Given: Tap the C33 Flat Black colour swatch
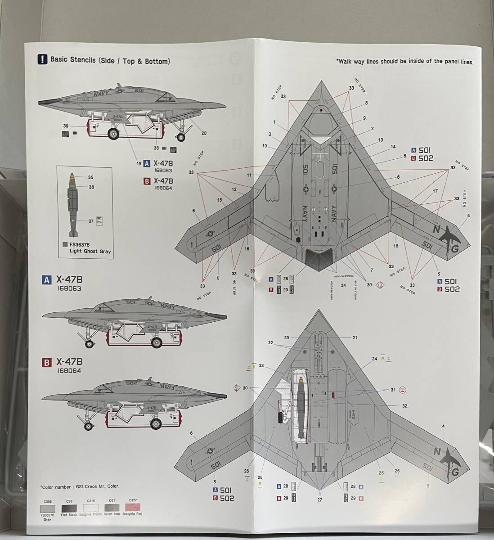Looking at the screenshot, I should click(x=69, y=507).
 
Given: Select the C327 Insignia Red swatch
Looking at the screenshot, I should click(x=133, y=507).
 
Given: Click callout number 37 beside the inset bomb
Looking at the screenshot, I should click(x=91, y=220).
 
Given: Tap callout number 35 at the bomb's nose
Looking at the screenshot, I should click(x=90, y=177).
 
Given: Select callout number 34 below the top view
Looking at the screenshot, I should click(x=343, y=285).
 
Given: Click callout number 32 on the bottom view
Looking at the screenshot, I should click(x=404, y=406).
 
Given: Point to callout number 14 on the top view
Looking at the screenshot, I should click(x=393, y=147).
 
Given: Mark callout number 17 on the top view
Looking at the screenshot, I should click(x=435, y=191).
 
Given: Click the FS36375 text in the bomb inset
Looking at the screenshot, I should click(x=79, y=244).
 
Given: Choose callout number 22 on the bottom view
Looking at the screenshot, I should click(x=270, y=343).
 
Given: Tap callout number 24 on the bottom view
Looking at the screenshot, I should click(x=374, y=359).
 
